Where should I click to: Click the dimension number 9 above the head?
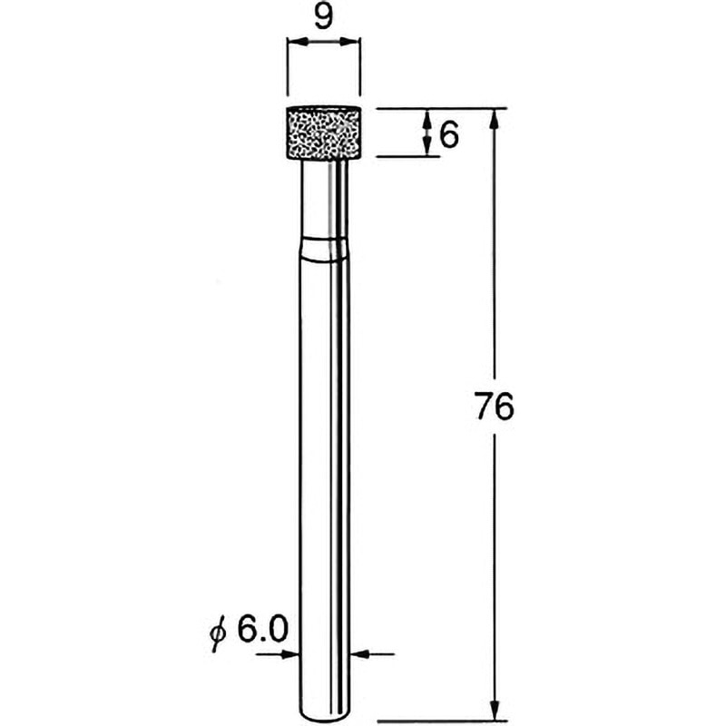click(323, 18)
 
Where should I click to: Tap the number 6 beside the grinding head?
click(448, 135)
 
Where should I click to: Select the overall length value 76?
click(495, 406)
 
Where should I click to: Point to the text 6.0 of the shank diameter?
click(262, 629)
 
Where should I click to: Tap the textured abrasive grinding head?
click(324, 133)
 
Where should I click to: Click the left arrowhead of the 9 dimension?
click(298, 42)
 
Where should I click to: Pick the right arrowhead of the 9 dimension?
click(349, 42)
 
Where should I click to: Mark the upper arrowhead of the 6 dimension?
click(427, 119)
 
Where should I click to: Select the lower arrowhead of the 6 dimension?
click(427, 146)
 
